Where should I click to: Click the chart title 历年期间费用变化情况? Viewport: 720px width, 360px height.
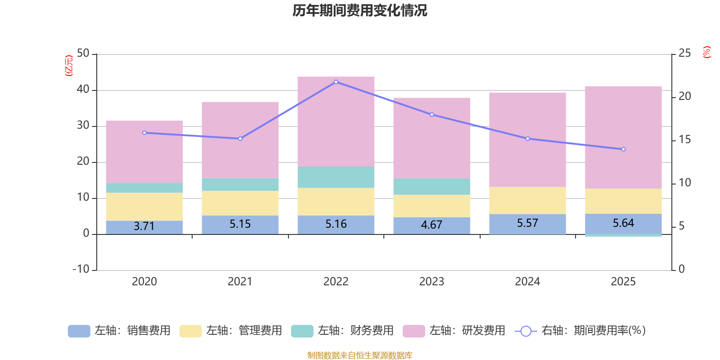(360, 10)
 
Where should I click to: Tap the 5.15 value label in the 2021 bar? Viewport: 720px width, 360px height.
(240, 224)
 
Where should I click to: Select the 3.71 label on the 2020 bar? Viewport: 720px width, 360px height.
(144, 226)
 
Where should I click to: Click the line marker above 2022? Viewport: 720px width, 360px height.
(336, 82)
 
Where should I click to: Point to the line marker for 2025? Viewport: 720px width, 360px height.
(623, 149)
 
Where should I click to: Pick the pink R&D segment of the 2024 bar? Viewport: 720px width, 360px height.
(527, 139)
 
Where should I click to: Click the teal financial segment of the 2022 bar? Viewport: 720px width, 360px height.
(336, 177)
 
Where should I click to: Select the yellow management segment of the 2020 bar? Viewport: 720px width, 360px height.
(144, 207)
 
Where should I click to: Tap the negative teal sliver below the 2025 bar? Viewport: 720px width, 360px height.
(623, 235)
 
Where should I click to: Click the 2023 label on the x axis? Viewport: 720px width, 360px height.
(432, 282)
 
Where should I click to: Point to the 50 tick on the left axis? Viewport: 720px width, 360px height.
(83, 54)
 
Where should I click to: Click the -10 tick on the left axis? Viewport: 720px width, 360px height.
(81, 269)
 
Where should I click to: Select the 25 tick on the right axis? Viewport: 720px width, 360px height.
(684, 54)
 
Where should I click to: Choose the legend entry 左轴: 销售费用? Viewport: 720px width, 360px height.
(119, 331)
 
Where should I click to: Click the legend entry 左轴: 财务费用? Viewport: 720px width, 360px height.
(342, 331)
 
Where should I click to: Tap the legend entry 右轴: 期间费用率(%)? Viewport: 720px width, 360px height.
(580, 331)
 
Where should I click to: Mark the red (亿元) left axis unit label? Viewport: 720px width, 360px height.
(69, 66)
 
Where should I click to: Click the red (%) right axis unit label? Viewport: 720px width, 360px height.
(707, 52)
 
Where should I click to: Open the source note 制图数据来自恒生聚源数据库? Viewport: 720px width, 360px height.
(360, 355)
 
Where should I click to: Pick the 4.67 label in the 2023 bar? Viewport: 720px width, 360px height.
(432, 225)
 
